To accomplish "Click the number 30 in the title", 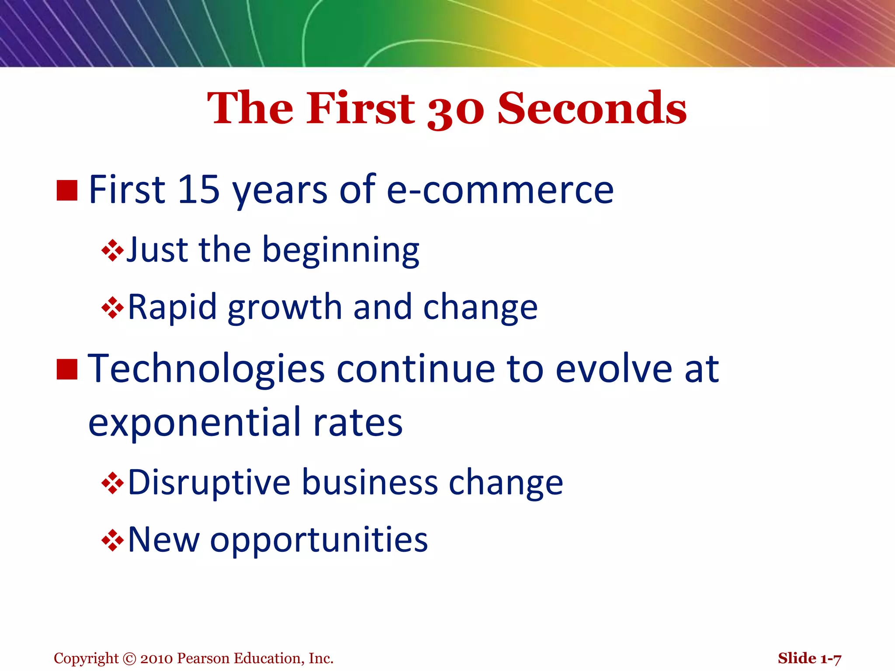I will pyautogui.click(x=455, y=110).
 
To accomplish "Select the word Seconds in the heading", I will pyautogui.click(x=592, y=108).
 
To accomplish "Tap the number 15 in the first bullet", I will pyautogui.click(x=198, y=190).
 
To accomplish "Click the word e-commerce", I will pyautogui.click(x=500, y=190).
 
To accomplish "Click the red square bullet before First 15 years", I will pyautogui.click(x=67, y=190).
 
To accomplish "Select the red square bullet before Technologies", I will pyautogui.click(x=67, y=369).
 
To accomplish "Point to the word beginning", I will pyautogui.click(x=340, y=251).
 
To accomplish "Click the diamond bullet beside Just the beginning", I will pyautogui.click(x=112, y=251).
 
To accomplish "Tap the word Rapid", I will pyautogui.click(x=172, y=308).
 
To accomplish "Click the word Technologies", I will pyautogui.click(x=206, y=370).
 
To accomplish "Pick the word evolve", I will pyautogui.click(x=614, y=370).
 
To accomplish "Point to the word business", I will pyautogui.click(x=370, y=483).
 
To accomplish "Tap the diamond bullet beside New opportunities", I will pyautogui.click(x=112, y=541).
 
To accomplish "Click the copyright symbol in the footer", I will pyautogui.click(x=130, y=658).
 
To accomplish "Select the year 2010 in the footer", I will pyautogui.click(x=157, y=658).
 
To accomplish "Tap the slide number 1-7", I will pyautogui.click(x=830, y=658).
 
